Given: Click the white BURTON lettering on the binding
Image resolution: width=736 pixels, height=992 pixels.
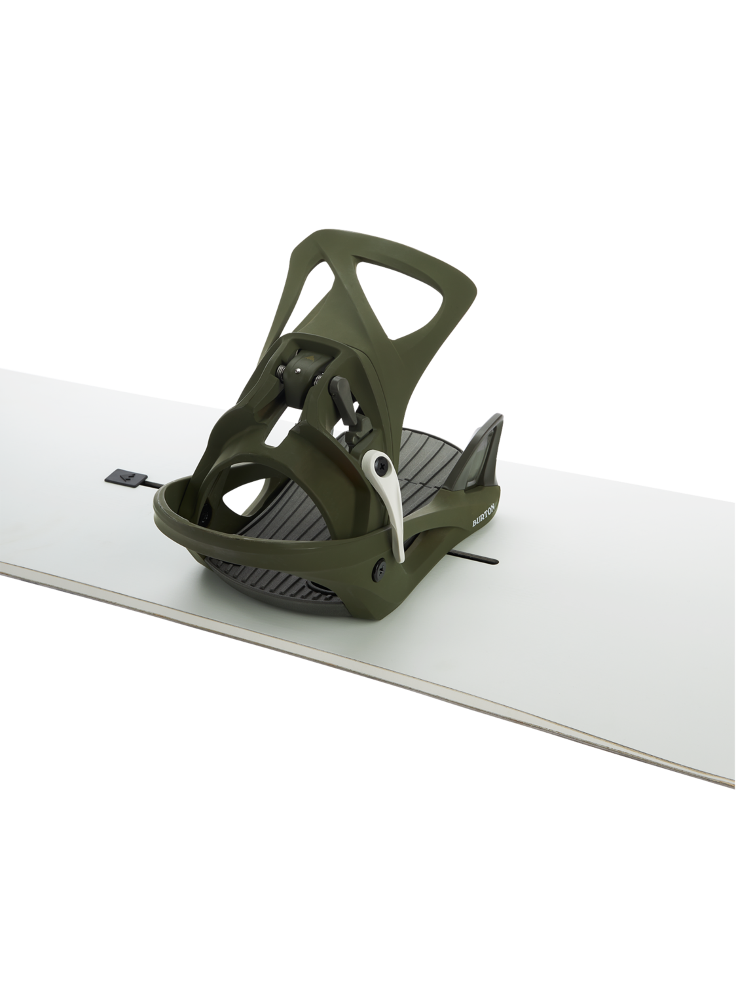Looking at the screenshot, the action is [x=484, y=516].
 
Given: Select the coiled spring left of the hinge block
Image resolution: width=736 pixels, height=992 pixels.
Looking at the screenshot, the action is [x=282, y=371].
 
